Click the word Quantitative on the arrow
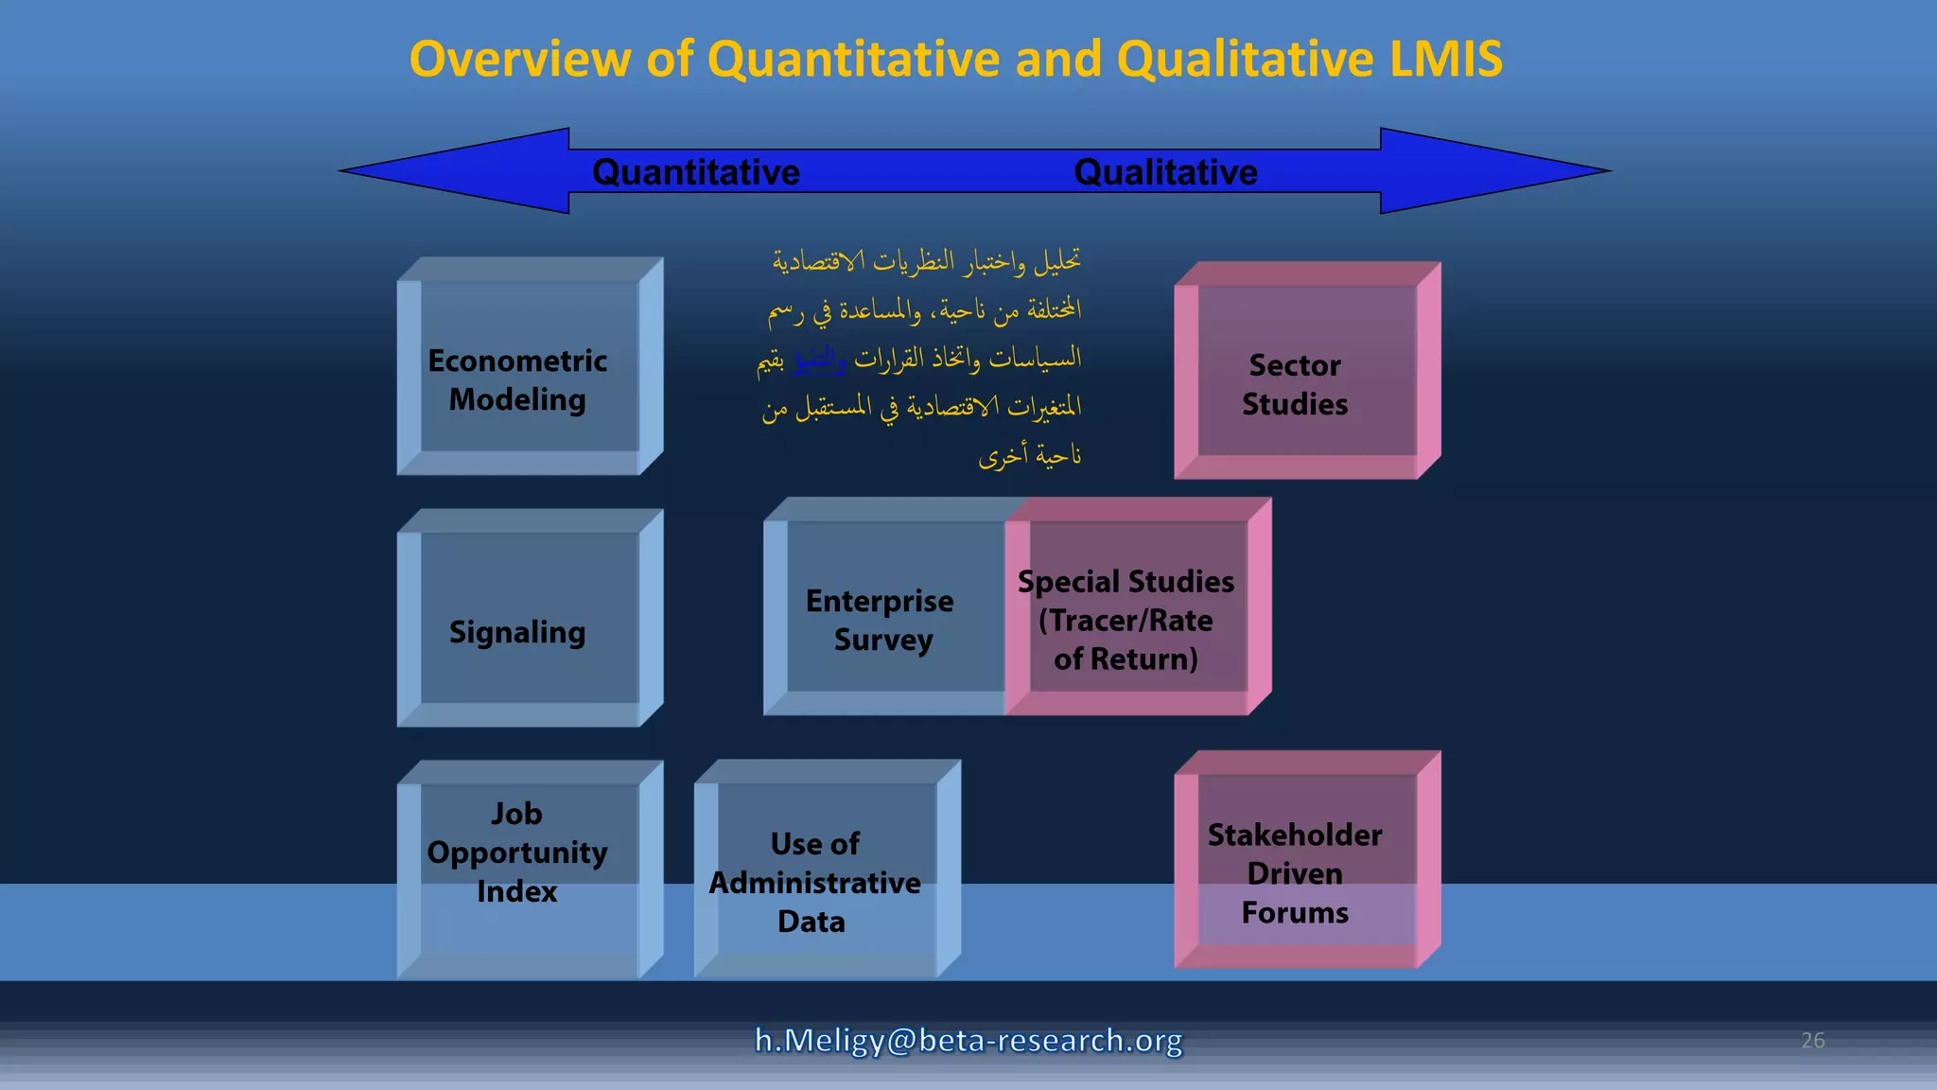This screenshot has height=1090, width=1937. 696,172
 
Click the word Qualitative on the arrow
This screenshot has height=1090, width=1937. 1165,172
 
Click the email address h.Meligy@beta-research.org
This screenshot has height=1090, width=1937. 968,1040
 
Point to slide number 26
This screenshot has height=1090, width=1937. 1812,1040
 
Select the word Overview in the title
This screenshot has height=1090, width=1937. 519,59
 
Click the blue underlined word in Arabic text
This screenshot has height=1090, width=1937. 819,360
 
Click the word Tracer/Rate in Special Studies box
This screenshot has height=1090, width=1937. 1126,621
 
